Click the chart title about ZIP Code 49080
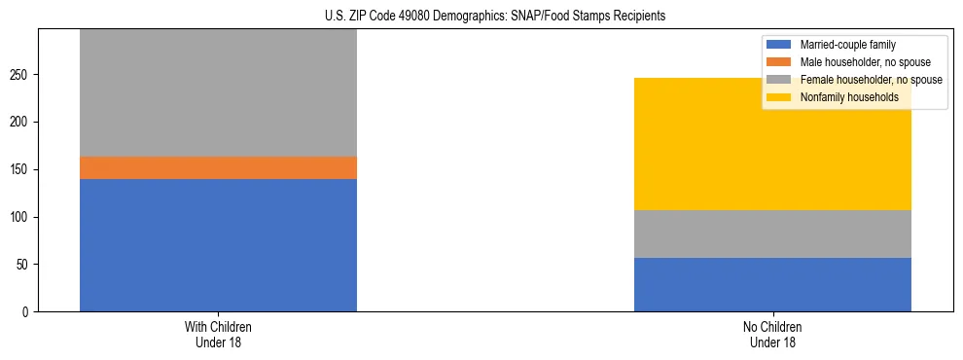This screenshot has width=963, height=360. [495, 17]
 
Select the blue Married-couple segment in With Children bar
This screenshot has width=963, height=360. [218, 245]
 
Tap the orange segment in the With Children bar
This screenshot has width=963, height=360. [218, 168]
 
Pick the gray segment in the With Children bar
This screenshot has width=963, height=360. [218, 93]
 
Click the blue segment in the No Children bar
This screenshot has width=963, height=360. [772, 284]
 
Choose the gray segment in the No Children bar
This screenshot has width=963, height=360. [772, 234]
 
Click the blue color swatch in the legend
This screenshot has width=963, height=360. [779, 45]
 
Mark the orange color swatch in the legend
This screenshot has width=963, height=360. [779, 62]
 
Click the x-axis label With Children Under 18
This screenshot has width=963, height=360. [218, 335]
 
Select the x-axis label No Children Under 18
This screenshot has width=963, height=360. [772, 335]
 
